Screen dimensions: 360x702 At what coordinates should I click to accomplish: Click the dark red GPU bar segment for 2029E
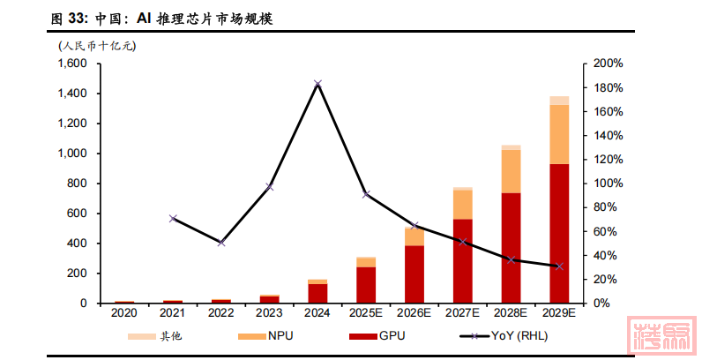pos(559,234)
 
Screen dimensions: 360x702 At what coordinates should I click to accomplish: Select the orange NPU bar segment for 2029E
pos(559,134)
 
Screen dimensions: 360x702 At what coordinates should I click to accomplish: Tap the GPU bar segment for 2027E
pos(463,261)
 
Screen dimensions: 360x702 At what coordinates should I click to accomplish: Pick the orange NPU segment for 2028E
pos(512,171)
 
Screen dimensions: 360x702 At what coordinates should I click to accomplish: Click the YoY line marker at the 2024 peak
pos(317,84)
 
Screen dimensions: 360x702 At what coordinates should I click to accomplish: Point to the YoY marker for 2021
pos(173,218)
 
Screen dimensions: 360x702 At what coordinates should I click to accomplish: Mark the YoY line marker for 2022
pos(221,242)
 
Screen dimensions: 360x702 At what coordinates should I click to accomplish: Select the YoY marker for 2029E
pos(559,266)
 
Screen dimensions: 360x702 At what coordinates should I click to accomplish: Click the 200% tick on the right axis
pos(609,64)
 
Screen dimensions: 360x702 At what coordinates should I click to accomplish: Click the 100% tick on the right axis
pos(609,184)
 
